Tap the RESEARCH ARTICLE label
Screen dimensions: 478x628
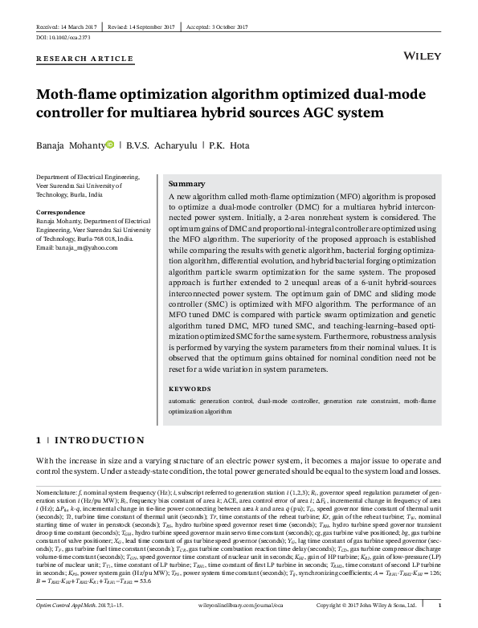85,59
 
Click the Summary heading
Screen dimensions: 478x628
188,184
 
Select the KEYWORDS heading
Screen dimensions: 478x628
194,388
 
